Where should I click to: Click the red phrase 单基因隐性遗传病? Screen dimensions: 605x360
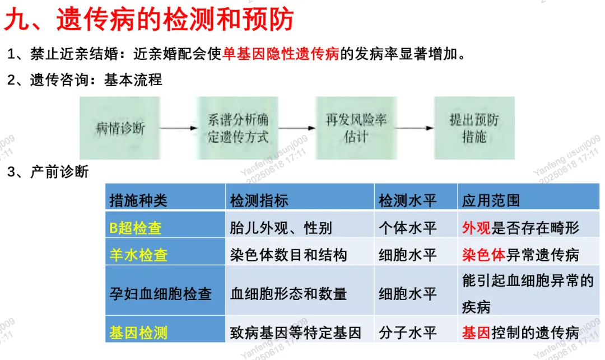281,54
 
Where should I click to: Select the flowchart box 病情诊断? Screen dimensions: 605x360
120,128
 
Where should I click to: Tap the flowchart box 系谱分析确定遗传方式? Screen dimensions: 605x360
238,128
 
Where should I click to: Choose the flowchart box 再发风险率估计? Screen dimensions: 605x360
356,128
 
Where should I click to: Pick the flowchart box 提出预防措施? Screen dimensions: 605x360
474,128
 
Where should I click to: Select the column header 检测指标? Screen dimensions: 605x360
259,200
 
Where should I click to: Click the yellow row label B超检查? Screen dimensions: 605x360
136,228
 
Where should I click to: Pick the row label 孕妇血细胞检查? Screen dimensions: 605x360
160,293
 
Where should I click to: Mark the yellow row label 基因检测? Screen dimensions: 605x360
138,333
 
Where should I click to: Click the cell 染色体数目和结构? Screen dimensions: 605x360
288,255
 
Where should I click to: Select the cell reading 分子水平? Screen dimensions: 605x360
408,333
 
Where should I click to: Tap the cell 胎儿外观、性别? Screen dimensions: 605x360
281,228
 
